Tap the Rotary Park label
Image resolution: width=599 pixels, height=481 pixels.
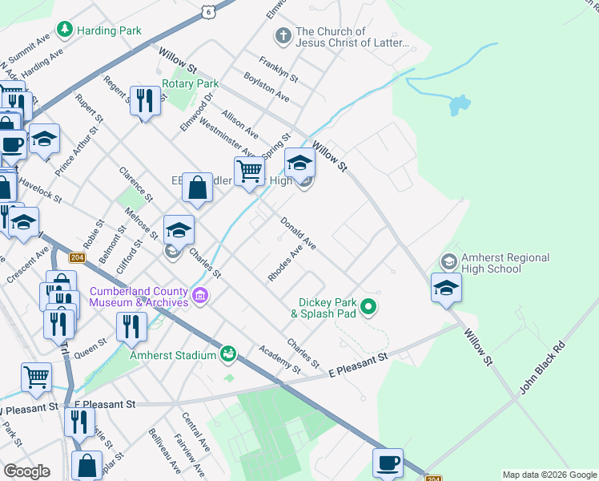coord(190,83)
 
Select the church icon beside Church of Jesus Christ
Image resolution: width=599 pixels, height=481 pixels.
coord(282,36)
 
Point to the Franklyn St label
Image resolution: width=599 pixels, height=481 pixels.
coord(278,70)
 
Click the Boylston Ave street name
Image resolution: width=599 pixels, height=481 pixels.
coord(267,87)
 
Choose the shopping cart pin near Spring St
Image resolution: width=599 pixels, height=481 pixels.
coord(249,171)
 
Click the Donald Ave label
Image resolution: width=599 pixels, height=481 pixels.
coord(298,232)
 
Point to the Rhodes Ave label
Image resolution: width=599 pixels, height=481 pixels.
coord(285,263)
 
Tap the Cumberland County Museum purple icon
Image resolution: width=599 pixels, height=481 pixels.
coord(200,297)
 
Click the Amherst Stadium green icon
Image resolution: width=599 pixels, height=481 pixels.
coord(228,354)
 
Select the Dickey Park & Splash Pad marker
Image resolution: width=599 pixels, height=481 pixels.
coord(368,305)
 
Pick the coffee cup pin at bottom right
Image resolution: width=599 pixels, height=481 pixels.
coord(388,463)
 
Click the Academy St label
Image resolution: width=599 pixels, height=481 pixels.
coord(279,360)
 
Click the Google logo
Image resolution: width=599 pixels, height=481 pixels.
coord(26,471)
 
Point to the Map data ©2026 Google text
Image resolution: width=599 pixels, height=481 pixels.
coord(549,475)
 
